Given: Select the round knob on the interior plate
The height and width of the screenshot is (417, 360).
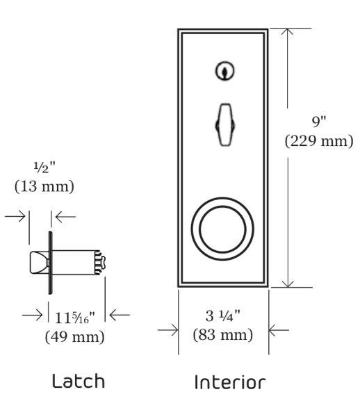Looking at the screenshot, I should (222, 230).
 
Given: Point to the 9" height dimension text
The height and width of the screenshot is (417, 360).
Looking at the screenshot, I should (319, 122).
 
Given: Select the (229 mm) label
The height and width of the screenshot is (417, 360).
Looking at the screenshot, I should (319, 140).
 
